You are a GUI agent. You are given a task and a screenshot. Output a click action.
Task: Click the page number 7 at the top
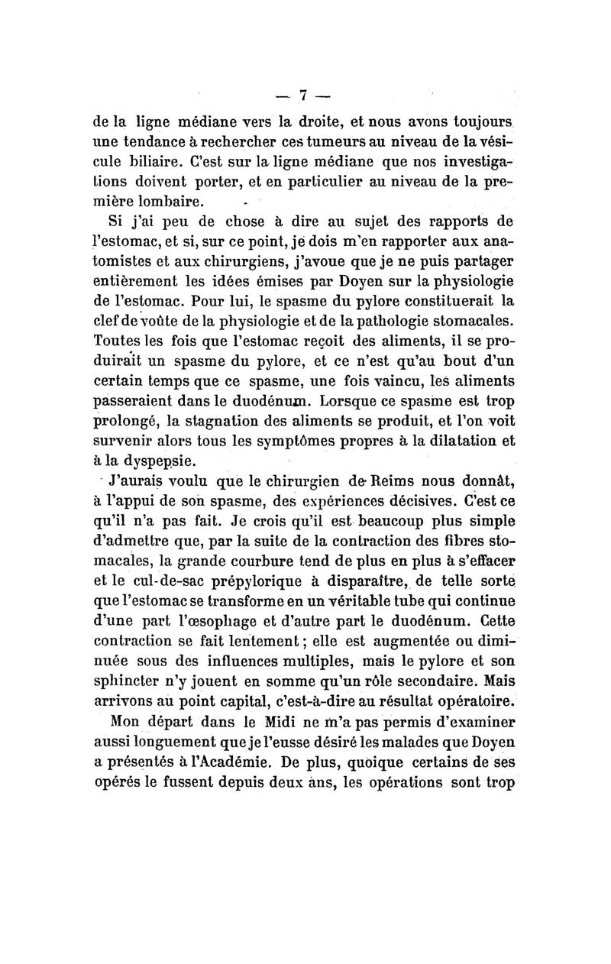(x=303, y=95)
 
